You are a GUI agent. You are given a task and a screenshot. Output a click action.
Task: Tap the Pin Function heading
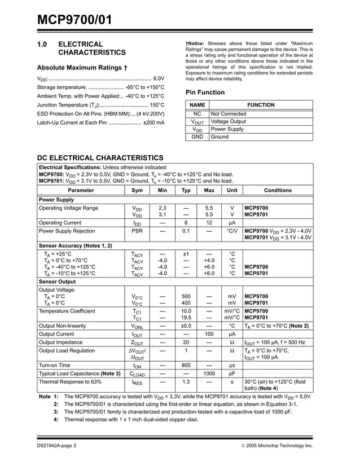pos(205,93)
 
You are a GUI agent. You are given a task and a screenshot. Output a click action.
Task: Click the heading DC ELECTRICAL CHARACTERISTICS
pos(100,158)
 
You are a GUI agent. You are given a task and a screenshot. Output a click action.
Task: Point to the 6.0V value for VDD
pos(159,78)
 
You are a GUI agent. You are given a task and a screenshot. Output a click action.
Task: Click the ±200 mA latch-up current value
pos(153,122)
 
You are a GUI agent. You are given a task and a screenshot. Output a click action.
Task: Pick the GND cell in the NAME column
pos(197,137)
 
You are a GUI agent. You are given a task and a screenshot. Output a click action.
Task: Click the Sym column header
pos(137,191)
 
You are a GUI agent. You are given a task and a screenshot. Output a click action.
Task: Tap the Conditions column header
pos(278,191)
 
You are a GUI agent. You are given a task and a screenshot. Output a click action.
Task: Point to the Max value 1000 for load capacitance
pos(209,373)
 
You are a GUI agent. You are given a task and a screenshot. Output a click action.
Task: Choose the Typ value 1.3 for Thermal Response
pos(186,382)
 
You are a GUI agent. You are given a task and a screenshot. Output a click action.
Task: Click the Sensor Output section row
pos(57,281)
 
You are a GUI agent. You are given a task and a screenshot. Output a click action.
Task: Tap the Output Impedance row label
pos(61,342)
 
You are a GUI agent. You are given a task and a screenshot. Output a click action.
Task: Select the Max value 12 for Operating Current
pos(209,223)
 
